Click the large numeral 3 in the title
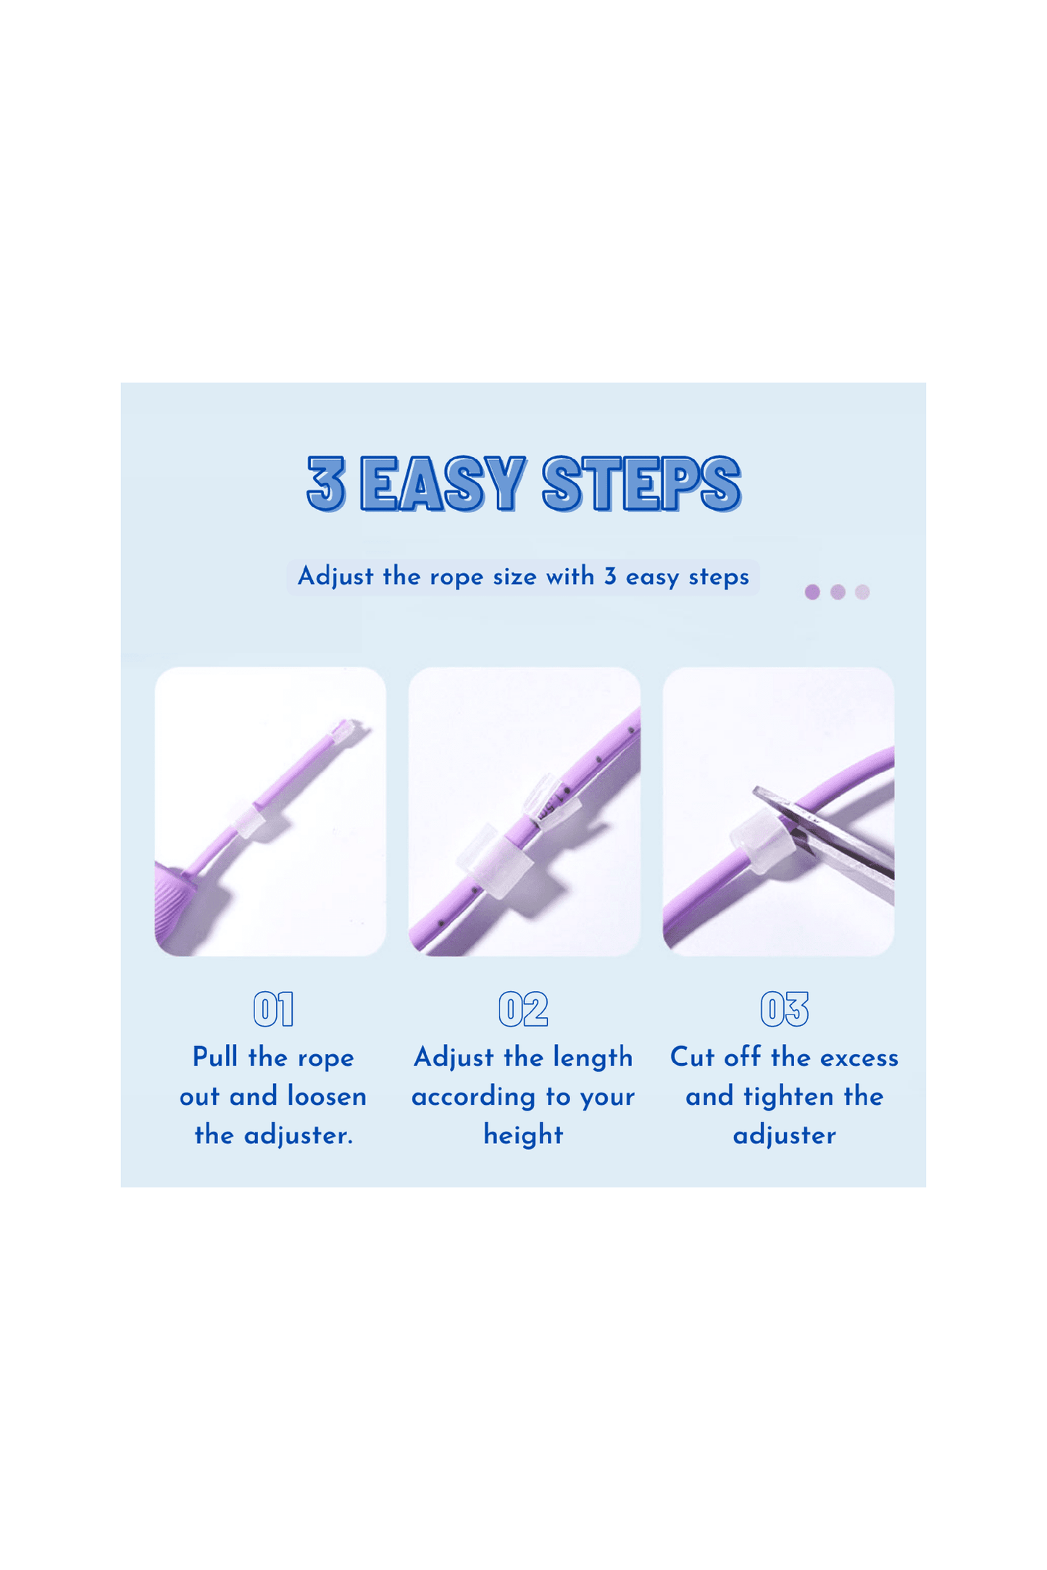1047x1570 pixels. pos(326,483)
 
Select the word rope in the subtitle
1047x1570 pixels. pos(456,577)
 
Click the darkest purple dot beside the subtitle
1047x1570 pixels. pos(812,592)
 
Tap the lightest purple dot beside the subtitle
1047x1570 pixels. pos(862,592)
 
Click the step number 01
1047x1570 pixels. pos(274,1009)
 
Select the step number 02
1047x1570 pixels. pos(523,1009)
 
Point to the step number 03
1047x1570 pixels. pos(785,1009)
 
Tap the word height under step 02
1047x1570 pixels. pos(523,1135)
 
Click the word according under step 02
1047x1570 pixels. pos(475,1098)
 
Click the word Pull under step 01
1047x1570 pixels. pos(215,1057)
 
